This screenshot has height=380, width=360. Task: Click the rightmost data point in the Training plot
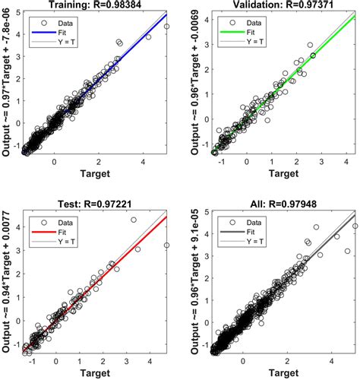(166, 27)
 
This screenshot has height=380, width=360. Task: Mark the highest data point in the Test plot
(134, 220)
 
